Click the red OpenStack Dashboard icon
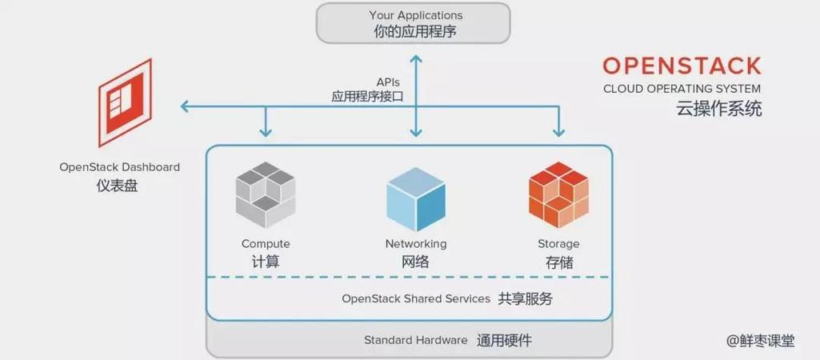coord(124,102)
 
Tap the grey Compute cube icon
coord(266,196)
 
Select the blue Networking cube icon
coord(415,199)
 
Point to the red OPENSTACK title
coord(682,66)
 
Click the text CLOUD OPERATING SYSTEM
coord(682,89)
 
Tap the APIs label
coord(388,82)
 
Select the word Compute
coord(266,244)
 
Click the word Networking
coord(415,244)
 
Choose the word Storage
coord(558,244)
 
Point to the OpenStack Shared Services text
coord(415,298)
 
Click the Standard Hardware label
coord(415,340)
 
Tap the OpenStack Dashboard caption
coord(119,167)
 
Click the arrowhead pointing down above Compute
coord(266,130)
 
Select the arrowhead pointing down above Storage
coord(558,130)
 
